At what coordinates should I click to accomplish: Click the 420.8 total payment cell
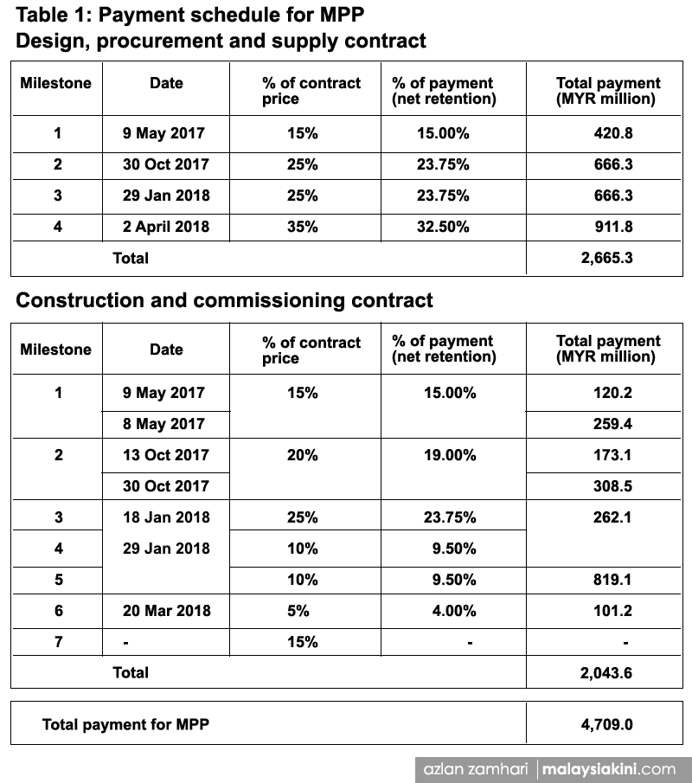(612, 133)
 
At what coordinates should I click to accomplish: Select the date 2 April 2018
(166, 227)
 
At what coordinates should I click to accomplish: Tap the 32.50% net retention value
(443, 227)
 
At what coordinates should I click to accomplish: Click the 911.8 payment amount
(612, 227)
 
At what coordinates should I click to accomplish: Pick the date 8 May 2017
(163, 424)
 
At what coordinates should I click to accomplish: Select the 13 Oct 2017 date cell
(166, 455)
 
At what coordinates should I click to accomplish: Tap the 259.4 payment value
(612, 424)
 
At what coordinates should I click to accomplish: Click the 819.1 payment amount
(612, 580)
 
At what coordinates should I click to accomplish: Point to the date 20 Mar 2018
(166, 611)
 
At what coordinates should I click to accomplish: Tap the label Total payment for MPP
(125, 724)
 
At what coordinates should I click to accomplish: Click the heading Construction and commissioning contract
(224, 301)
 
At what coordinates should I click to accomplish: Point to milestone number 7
(58, 642)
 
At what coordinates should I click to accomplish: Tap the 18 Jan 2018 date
(166, 517)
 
